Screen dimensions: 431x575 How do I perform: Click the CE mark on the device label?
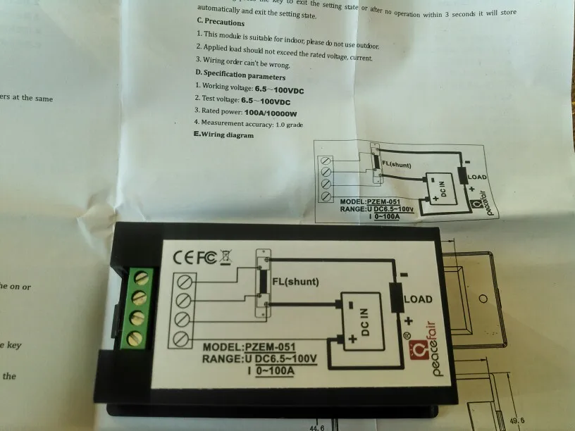185,257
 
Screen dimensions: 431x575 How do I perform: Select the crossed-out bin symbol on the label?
225,258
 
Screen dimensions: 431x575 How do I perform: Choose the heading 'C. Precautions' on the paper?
220,23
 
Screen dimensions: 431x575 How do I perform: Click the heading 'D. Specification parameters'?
240,75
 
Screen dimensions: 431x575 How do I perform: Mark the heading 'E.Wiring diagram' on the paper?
224,135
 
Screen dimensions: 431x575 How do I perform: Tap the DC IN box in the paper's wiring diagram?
443,188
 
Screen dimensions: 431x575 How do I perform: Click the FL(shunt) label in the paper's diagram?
401,164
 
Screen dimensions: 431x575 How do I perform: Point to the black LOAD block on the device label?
395,299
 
